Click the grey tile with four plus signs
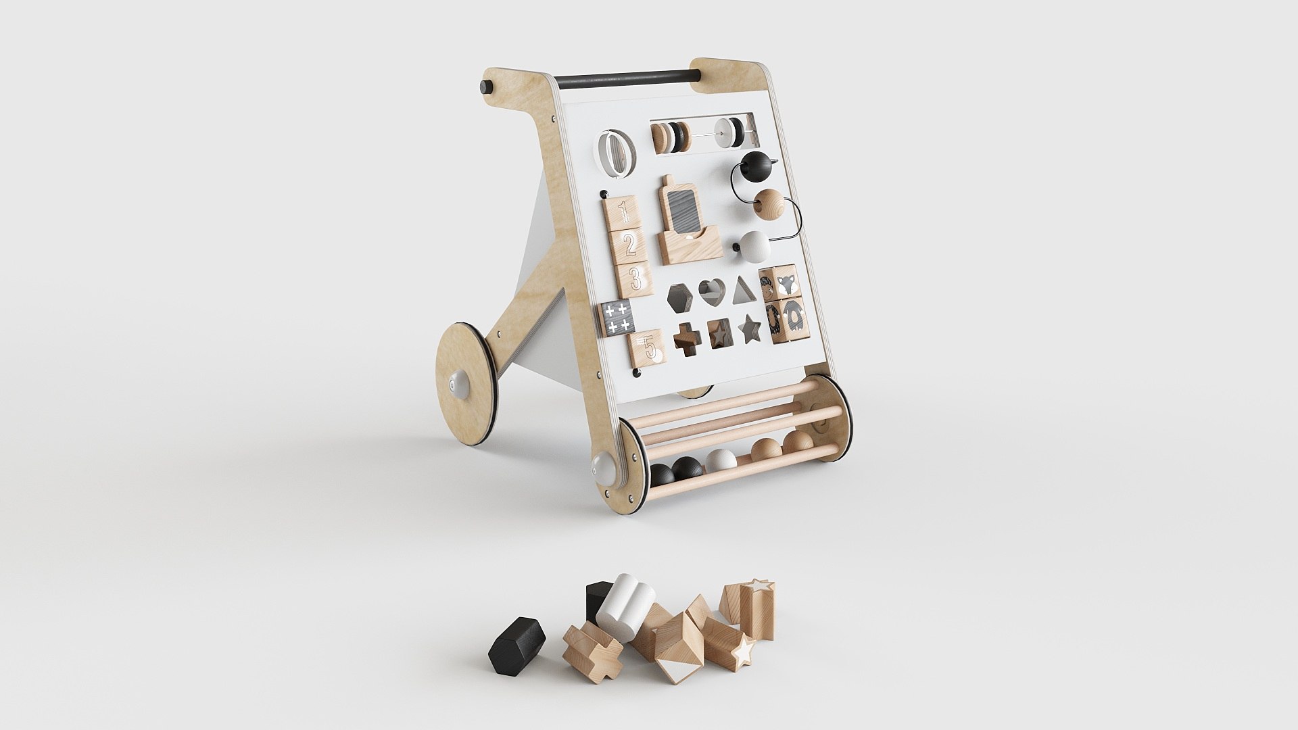pyautogui.click(x=618, y=318)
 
